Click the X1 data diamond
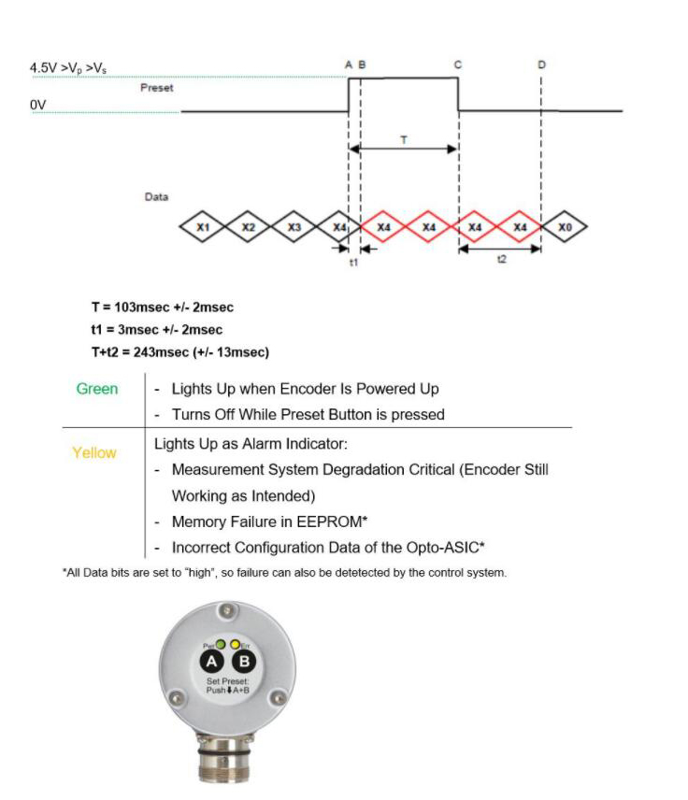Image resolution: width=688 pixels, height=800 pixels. click(203, 227)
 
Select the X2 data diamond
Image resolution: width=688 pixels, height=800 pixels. click(248, 227)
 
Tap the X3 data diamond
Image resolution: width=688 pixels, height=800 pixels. click(294, 227)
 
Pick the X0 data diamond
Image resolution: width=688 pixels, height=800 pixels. click(565, 227)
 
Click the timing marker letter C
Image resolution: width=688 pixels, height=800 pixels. click(458, 64)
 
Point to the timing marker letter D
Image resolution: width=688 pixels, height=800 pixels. click(541, 64)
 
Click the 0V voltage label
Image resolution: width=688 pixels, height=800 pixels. click(38, 105)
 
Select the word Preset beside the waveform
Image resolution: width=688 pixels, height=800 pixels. click(156, 88)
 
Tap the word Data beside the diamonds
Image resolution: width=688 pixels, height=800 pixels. click(156, 197)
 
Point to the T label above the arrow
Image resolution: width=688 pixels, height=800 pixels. click(403, 138)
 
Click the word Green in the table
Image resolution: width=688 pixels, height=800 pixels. click(96, 389)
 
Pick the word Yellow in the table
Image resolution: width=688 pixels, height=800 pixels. click(94, 452)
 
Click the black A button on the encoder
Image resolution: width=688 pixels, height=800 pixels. click(212, 663)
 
